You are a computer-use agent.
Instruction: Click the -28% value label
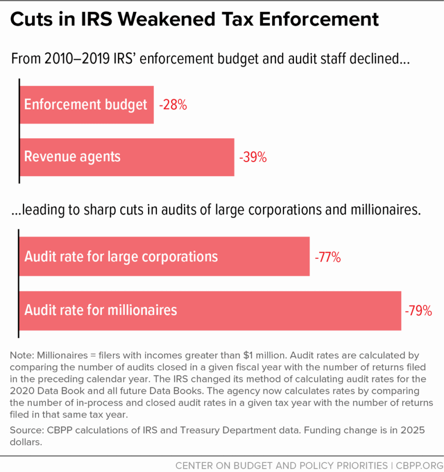click(173, 105)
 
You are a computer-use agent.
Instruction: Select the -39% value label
click(253, 157)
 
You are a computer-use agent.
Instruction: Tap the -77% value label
click(327, 257)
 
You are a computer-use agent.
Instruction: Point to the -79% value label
click(418, 311)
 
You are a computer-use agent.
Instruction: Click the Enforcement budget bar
click(87, 105)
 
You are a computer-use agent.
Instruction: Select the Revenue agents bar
click(127, 157)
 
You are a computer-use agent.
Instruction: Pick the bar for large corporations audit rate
click(164, 256)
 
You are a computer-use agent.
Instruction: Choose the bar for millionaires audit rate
click(210, 310)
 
